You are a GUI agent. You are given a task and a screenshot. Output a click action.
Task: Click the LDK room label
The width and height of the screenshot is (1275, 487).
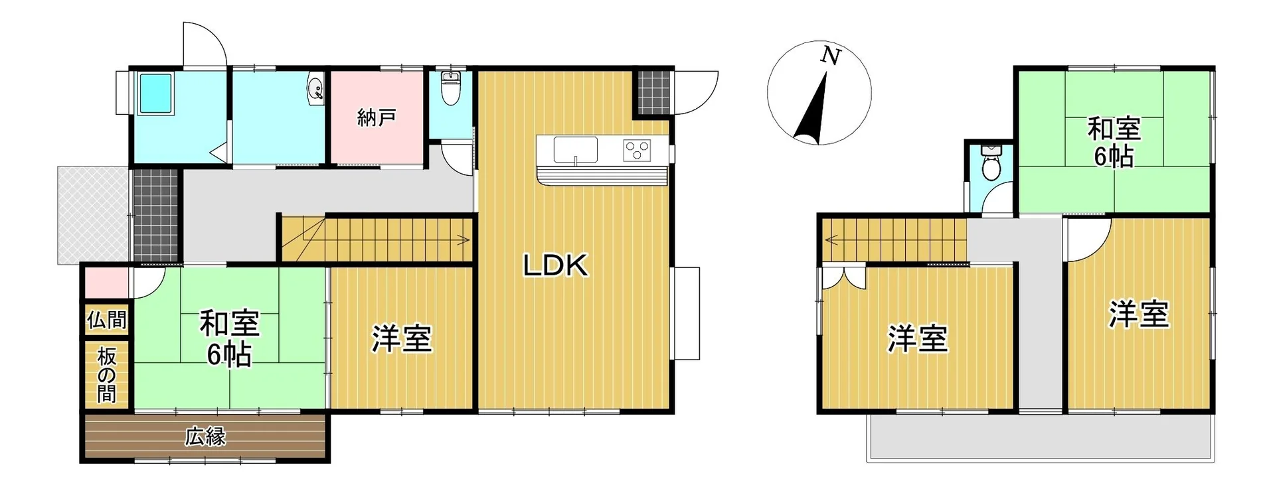556,266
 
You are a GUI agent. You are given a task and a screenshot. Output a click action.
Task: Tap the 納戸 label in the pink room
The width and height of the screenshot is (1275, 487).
377,118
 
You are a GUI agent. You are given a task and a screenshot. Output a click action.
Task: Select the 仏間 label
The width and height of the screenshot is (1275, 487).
107,320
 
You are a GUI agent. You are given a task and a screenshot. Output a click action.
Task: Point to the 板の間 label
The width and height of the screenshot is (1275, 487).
107,376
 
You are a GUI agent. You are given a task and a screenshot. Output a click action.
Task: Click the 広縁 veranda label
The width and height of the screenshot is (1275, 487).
205,437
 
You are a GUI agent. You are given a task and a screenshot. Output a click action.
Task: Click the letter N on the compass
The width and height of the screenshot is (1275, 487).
829,56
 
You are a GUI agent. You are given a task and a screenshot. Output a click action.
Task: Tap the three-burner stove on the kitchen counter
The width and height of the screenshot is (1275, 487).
637,149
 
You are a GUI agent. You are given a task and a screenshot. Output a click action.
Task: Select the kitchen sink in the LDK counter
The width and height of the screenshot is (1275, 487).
576,149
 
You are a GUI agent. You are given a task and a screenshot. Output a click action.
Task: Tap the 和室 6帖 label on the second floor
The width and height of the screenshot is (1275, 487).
1114,142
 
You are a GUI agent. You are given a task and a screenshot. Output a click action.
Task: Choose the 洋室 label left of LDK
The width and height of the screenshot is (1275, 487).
402,338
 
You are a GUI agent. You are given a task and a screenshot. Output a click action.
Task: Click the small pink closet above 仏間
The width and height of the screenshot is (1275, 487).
106,283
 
